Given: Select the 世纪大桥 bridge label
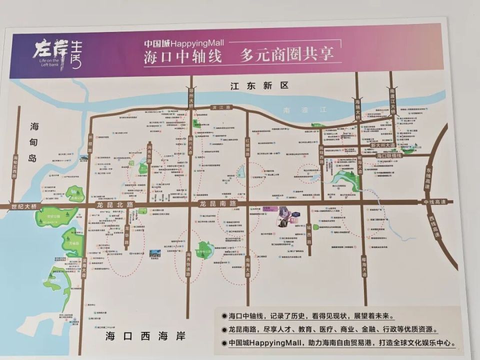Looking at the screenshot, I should click(x=25, y=206).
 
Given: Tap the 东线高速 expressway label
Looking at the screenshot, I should click(x=428, y=177).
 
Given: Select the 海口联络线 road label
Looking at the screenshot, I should click(x=389, y=155).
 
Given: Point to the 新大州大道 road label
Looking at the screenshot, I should click(x=382, y=145).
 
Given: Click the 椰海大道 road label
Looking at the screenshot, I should click(x=364, y=265).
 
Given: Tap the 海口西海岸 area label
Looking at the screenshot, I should click(x=145, y=336).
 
